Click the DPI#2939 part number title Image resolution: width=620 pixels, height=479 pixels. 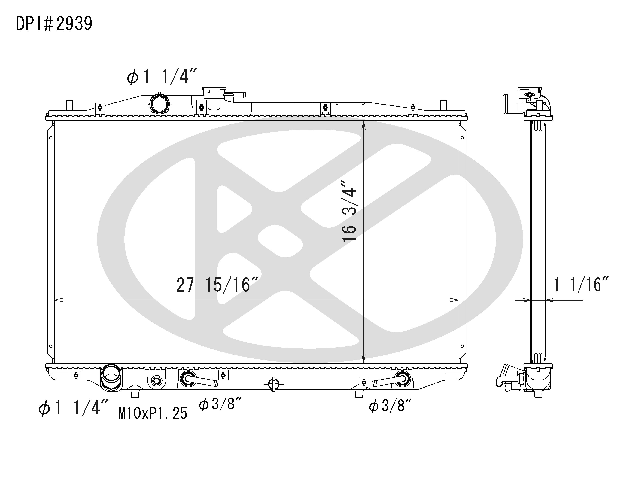coord(54,24)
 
